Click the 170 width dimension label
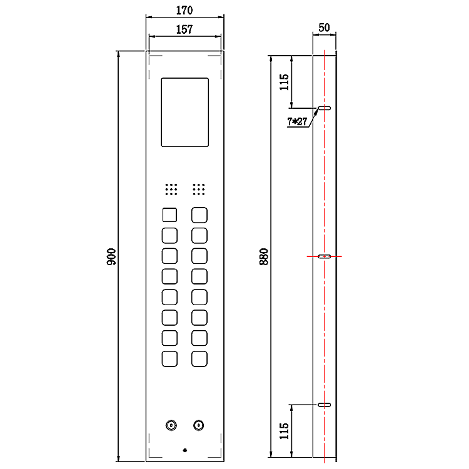coord(184,11)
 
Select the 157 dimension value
coord(184,29)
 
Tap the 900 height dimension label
coord(111,256)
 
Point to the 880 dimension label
coord(264,256)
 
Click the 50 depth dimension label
coord(324,28)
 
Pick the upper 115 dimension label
coord(284,82)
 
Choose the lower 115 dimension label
coord(284,431)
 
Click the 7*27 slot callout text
coord(297,121)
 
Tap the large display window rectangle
coord(185,113)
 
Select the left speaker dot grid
coord(171,189)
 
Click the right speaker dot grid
coord(199,189)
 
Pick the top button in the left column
coord(169,215)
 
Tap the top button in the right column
coord(199,215)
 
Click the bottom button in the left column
coord(169,359)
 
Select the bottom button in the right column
coord(199,359)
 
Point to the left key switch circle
coord(171,425)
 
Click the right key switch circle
coord(199,425)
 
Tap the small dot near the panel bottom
coord(185,450)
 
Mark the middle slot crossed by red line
coord(324,256)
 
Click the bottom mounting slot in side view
coord(324,405)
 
